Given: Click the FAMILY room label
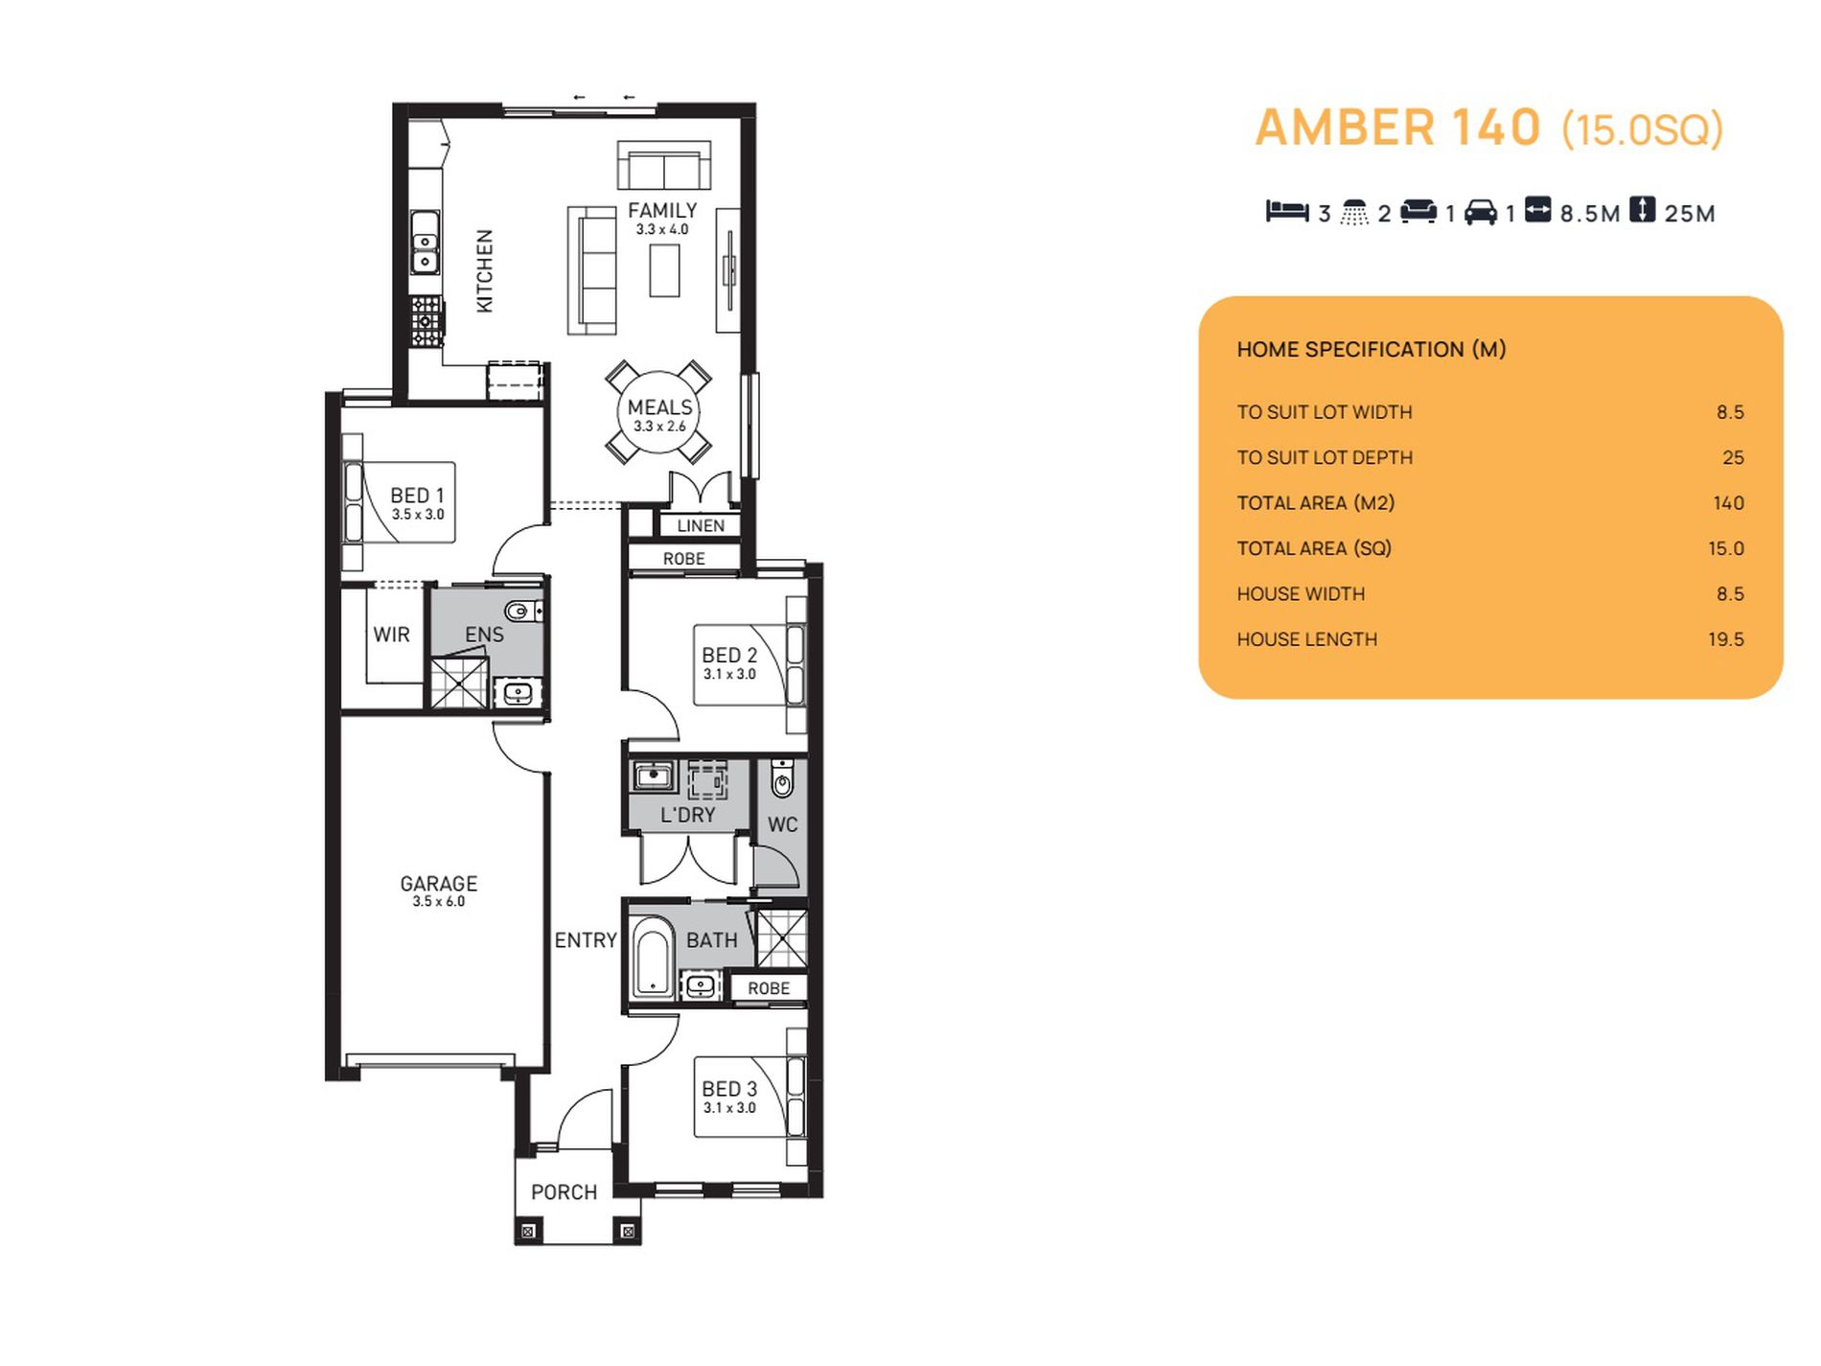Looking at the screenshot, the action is point(662,210).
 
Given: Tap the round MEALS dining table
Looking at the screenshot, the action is point(658,412).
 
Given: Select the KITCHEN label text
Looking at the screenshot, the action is point(485,270).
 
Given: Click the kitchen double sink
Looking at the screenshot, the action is point(426,242).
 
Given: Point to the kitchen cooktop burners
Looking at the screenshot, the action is point(426,321).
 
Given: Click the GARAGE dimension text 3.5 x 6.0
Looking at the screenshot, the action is point(439,901).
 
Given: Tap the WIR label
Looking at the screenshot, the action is point(391,635).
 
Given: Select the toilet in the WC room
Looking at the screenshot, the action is point(782,779).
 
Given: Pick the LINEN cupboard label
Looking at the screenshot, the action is point(701,525).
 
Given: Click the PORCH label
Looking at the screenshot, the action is point(564,1192).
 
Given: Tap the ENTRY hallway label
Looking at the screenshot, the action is point(586,940).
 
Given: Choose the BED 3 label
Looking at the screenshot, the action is point(729,1089).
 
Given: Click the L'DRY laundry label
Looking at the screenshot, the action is point(688,815).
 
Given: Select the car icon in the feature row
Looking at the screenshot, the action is point(1481,211).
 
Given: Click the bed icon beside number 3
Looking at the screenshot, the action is point(1287,211).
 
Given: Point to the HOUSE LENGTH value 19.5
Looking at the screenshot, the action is point(1725,639).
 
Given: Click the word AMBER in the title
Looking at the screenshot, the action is point(1345,127).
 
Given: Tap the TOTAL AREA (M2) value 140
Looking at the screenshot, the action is point(1728,503).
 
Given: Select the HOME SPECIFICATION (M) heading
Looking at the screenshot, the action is point(1372,350).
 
